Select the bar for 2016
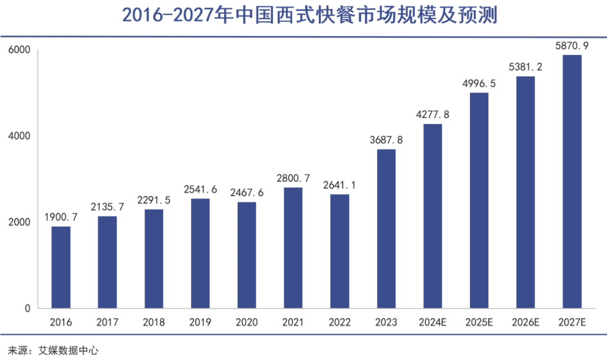click(61, 267)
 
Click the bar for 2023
click(386, 229)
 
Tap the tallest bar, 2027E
click(572, 181)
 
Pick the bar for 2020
click(247, 255)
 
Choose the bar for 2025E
click(479, 200)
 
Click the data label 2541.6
click(200, 189)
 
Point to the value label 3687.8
click(386, 140)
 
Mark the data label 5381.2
click(526, 67)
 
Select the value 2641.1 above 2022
click(339, 185)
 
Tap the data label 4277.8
click(432, 115)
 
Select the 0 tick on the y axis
click(26, 308)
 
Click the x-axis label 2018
click(153, 322)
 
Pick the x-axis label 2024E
click(432, 322)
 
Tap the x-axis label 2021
click(293, 322)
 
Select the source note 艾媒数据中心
click(67, 350)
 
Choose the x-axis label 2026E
click(526, 322)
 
